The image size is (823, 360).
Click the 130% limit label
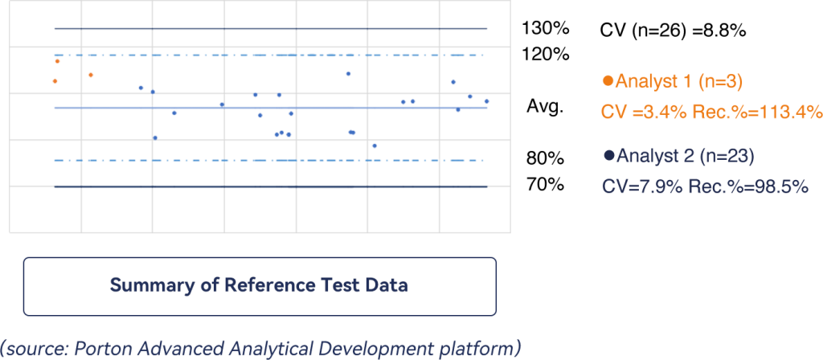click(x=546, y=29)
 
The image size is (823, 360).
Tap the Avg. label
click(x=546, y=107)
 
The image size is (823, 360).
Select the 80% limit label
click(x=546, y=158)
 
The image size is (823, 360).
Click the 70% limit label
click(x=546, y=185)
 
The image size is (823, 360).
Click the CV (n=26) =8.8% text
click(x=673, y=31)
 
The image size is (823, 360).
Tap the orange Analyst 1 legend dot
click(x=608, y=81)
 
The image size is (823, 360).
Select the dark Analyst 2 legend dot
click(x=609, y=155)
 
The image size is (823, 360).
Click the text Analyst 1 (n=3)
click(x=678, y=81)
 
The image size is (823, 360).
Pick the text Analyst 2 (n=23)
click(x=686, y=155)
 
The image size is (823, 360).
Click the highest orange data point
click(x=57, y=61)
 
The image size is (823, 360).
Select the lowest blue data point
click(x=375, y=146)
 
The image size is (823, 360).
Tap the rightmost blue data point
click(x=486, y=101)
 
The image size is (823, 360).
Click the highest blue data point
click(x=348, y=73)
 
